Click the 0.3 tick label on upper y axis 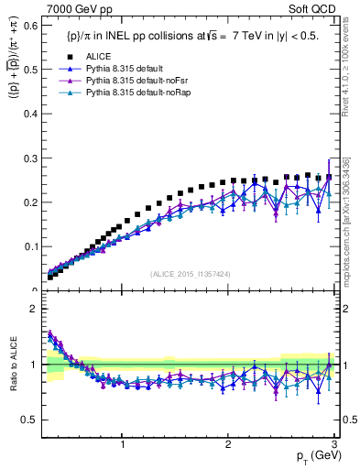coord(29,158)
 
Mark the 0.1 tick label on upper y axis coord(29,246)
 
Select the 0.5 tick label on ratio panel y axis coord(29,420)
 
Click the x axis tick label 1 coord(124,444)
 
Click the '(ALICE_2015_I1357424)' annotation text coord(189,274)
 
